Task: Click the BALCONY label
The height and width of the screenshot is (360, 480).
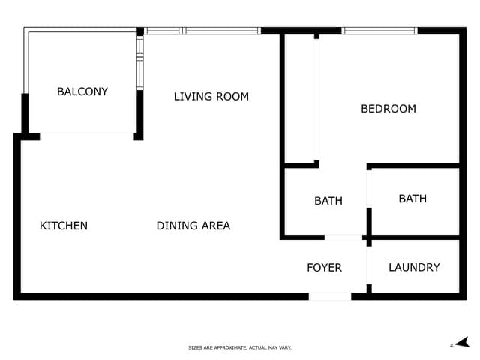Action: pos(82,91)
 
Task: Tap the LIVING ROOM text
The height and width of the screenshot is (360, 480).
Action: pos(211,96)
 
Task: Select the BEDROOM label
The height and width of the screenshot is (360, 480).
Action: pos(388,109)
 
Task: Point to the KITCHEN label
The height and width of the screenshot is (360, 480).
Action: pos(64,226)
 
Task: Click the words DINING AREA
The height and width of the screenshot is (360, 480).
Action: pos(193,226)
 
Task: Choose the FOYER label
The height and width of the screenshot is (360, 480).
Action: pos(324,268)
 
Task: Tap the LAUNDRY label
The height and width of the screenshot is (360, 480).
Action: pos(414,267)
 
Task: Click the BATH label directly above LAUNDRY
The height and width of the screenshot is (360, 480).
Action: pos(412,199)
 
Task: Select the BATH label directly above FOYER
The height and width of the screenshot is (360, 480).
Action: pos(328,201)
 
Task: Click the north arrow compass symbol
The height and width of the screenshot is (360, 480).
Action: pos(462,343)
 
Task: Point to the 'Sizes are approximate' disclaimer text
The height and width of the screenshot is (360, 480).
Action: pos(240,347)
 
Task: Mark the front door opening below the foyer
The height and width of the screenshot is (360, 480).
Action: pos(330,296)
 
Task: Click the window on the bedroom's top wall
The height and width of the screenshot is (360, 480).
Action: pos(379,31)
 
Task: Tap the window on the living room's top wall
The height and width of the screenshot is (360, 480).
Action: pos(202,31)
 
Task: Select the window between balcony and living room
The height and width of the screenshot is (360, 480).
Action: pos(139,63)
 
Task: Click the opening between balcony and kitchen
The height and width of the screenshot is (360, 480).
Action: pos(86,136)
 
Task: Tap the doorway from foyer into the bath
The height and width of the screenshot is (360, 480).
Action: pos(343,237)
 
